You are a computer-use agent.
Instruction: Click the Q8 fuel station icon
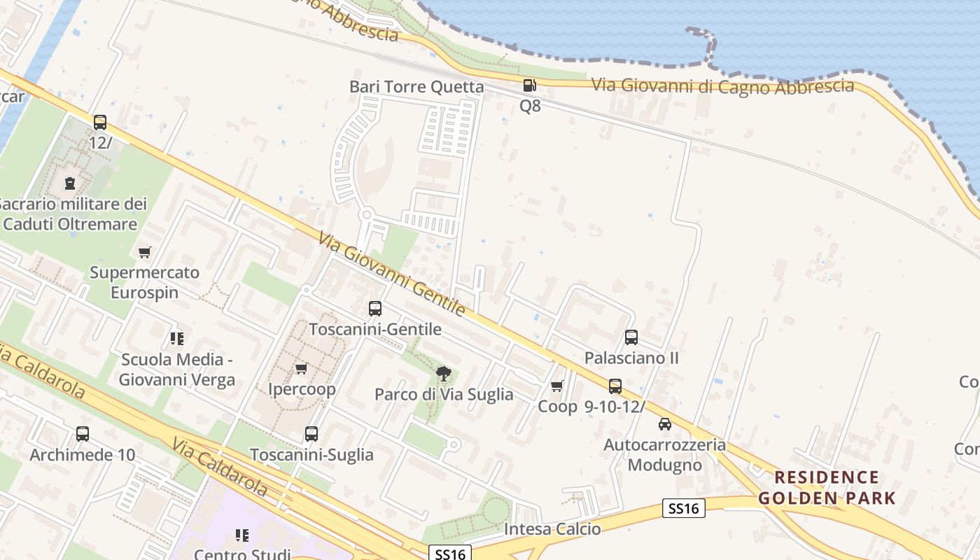pos(529,85)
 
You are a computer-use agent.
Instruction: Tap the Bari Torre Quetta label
pos(416,87)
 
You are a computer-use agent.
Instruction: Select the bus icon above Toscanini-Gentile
pos(375,309)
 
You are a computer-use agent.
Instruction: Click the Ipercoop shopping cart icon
pos(302,368)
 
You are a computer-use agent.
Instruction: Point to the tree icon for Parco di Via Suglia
pos(443,373)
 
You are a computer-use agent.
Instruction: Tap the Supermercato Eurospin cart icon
pos(145,252)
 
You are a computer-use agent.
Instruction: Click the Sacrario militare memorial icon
pos(70,183)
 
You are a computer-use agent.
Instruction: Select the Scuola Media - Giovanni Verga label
pos(176,370)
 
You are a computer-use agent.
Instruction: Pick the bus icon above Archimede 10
pos(83,434)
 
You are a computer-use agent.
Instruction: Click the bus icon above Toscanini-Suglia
pos(311,434)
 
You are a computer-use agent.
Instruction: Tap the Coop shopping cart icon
pos(557,386)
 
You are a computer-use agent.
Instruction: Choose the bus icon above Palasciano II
pos(631,337)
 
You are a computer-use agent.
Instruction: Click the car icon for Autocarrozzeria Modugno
pos(665,423)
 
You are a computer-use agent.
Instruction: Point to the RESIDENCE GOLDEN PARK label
pos(827,488)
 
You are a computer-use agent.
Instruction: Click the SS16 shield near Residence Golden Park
pos(683,508)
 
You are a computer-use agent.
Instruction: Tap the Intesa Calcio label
pos(552,529)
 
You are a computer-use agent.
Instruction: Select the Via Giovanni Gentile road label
pos(391,274)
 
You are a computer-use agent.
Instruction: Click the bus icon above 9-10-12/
pos(615,386)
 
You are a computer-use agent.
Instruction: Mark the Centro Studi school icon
pos(242,535)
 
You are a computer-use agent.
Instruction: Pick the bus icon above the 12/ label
pos(100,122)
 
